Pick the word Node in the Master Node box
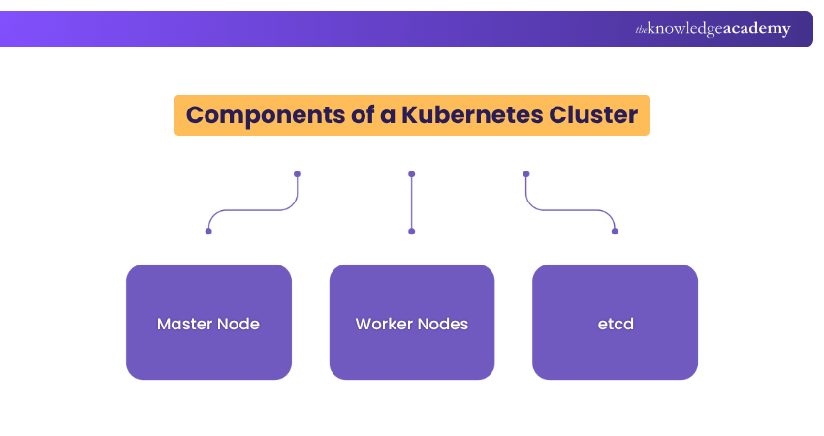pos(238,324)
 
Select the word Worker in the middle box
pos(384,324)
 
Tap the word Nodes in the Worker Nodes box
pos(443,324)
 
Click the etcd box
pos(615,323)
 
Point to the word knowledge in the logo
pos(683,30)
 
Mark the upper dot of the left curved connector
pos(297,174)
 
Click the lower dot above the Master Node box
pos(208,232)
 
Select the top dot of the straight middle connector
pos(412,174)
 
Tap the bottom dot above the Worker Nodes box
pos(412,232)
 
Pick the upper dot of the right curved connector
pos(526,174)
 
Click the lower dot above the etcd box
pos(615,232)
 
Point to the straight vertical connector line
pos(412,203)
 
